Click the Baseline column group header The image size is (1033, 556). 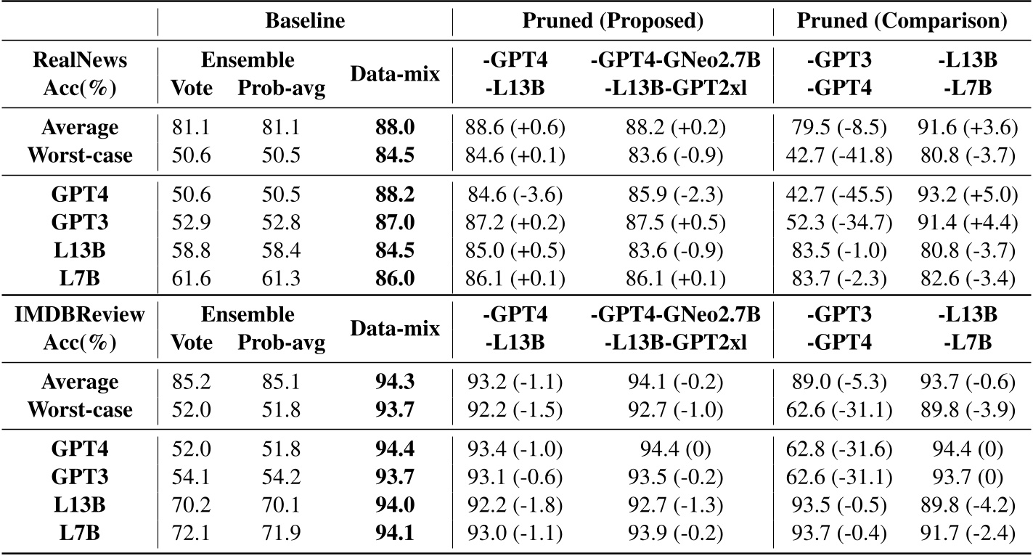pos(306,21)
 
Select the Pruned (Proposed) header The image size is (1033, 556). pos(613,21)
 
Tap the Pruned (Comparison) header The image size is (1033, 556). pos(902,21)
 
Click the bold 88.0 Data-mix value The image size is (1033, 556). pos(395,128)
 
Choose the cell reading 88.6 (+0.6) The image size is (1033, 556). pos(515,128)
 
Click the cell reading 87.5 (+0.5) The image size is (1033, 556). pos(677,217)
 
